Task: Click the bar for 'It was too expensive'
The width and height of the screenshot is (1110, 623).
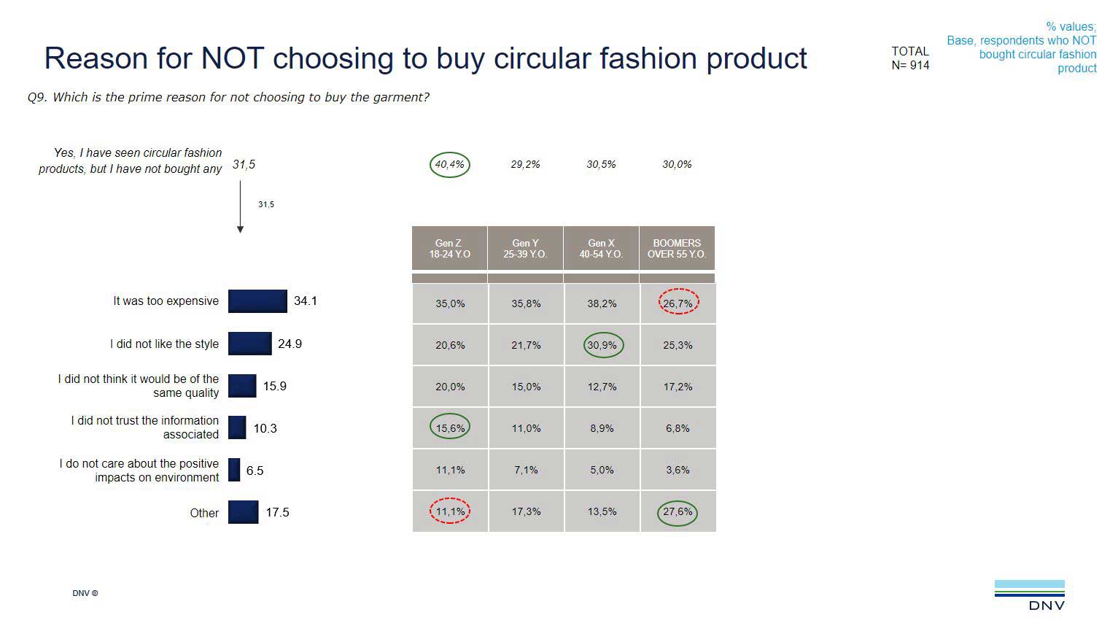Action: point(257,301)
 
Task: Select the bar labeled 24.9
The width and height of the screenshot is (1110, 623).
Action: point(249,344)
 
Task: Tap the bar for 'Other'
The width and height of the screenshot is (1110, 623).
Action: point(243,512)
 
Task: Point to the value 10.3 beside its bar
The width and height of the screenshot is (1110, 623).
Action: point(265,428)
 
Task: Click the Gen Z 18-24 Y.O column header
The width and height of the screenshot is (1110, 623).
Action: point(449,249)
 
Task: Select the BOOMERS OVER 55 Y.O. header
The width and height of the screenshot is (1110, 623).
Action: point(677,249)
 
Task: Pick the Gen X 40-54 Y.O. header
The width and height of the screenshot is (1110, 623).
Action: point(601,249)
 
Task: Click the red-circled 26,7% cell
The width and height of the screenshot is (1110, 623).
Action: point(678,303)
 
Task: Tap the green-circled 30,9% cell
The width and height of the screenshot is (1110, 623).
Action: point(603,345)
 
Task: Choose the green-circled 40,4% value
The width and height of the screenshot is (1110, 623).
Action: point(450,165)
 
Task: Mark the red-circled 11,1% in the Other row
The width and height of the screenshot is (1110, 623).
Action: point(450,511)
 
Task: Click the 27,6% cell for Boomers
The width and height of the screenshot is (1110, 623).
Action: point(678,512)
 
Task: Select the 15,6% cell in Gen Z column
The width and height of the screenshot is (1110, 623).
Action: point(450,428)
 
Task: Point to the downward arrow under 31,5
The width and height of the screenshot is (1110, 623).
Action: point(240,208)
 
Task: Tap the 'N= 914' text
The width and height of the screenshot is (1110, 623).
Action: point(910,66)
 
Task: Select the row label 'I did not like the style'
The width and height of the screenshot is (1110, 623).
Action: point(164,344)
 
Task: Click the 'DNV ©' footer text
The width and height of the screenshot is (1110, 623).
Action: point(85,593)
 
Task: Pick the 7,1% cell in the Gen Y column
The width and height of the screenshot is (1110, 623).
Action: point(526,470)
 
